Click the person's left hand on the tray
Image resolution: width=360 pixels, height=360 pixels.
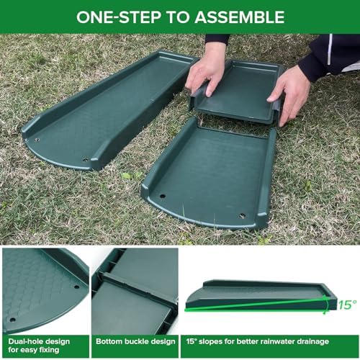[x=208, y=68]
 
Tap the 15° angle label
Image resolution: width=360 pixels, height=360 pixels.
[x=346, y=305]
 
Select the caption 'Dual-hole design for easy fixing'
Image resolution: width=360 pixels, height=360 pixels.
[x=37, y=346]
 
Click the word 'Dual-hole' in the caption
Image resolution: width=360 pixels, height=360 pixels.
[x=23, y=341]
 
